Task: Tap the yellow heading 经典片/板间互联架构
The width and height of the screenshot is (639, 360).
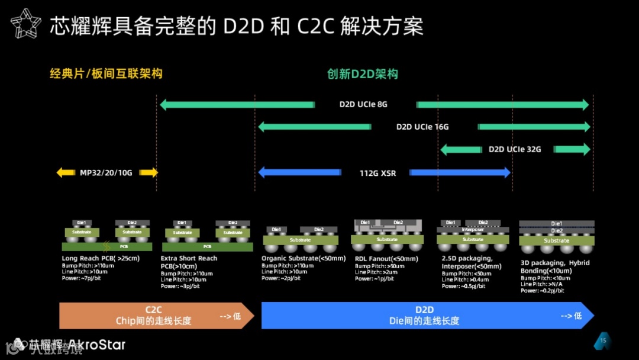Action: (106, 74)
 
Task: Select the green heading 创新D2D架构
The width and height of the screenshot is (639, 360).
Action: (363, 74)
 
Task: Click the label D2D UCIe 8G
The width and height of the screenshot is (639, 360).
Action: (363, 105)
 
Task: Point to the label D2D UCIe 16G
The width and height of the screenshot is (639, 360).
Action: (422, 127)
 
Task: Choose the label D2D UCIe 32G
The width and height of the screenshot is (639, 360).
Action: (515, 149)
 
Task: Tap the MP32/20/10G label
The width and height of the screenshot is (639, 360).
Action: (106, 173)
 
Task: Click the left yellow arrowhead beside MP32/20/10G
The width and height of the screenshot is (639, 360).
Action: (61, 173)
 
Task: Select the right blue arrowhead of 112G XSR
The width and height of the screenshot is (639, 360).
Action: (505, 173)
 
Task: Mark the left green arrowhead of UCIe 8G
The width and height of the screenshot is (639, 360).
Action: (164, 105)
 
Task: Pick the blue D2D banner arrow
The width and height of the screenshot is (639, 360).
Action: (426, 316)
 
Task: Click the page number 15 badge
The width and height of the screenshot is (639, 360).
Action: (603, 341)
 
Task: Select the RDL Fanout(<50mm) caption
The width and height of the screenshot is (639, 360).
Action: (387, 259)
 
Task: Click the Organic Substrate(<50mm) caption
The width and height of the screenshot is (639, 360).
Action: (303, 259)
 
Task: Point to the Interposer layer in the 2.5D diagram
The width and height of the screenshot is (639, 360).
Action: (473, 229)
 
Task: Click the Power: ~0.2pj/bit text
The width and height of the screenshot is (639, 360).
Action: (543, 291)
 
